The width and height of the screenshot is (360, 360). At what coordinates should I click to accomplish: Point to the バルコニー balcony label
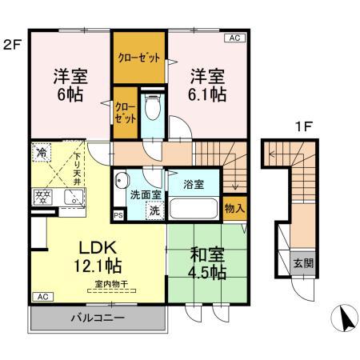tap(97, 318)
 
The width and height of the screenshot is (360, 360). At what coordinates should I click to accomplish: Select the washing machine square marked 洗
tap(151, 210)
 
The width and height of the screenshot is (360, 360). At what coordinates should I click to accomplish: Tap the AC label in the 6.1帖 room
tap(236, 37)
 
